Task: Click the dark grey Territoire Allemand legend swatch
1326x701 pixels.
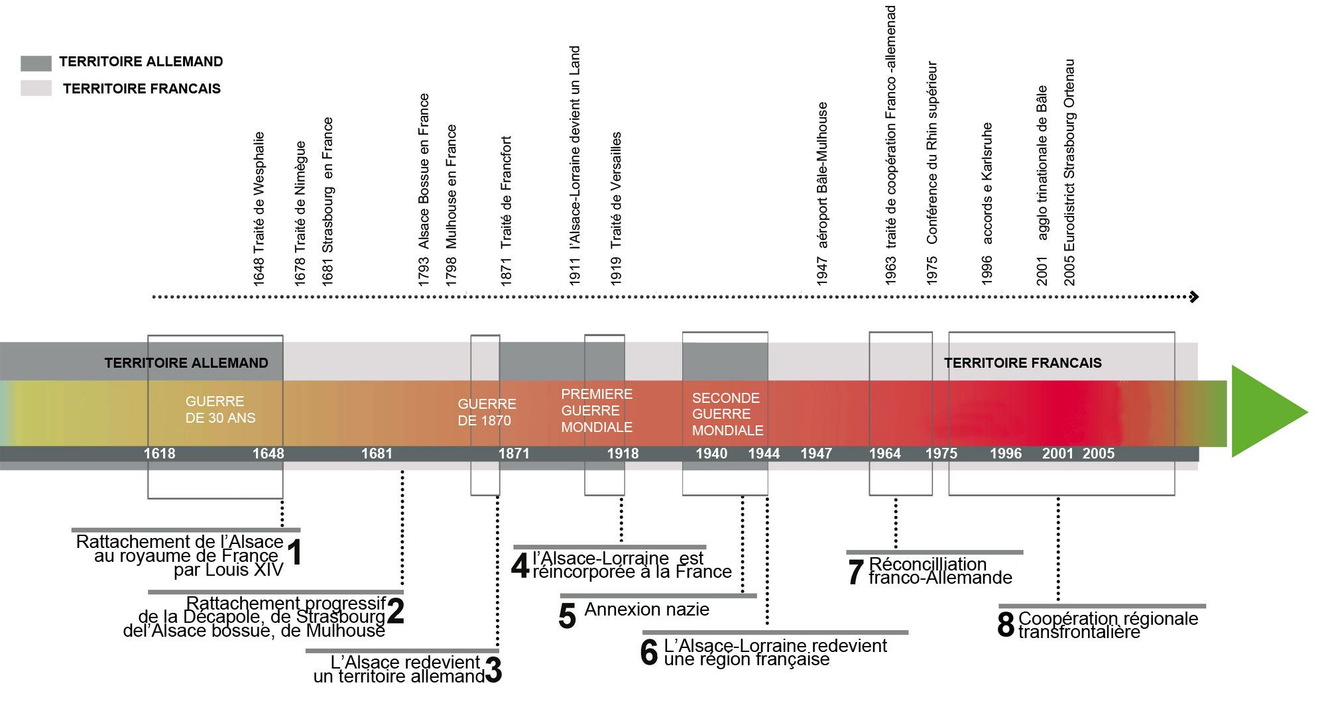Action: (36, 63)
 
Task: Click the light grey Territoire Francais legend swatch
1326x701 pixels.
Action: (36, 88)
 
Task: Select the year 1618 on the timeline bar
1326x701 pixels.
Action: (160, 454)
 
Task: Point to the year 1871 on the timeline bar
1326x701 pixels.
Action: (514, 454)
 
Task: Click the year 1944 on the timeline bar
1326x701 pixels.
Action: (764, 454)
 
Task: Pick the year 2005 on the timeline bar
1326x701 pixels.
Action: (1099, 454)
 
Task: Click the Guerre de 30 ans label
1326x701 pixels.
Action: (220, 409)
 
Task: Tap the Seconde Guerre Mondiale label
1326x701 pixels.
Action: (727, 414)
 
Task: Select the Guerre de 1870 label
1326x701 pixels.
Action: (487, 412)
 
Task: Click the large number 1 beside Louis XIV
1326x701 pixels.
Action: (296, 552)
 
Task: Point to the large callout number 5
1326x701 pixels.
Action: (568, 616)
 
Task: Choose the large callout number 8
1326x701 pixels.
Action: (1006, 624)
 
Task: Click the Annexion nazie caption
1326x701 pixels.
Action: (646, 610)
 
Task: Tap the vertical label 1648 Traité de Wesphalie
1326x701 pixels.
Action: (259, 209)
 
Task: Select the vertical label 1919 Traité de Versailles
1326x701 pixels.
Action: (616, 209)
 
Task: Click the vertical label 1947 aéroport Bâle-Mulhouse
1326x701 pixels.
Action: (822, 193)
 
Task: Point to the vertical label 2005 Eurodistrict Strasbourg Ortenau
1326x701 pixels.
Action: (1069, 172)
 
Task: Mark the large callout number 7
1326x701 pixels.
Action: (856, 572)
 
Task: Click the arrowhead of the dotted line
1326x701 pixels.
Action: (1195, 297)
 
